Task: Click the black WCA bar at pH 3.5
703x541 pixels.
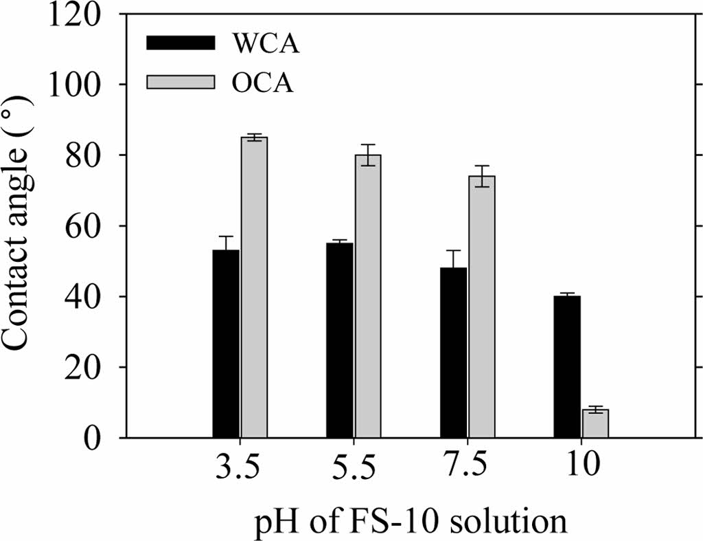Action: point(226,344)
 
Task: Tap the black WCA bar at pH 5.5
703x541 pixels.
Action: point(340,340)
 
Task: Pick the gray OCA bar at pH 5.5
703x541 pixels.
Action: point(368,296)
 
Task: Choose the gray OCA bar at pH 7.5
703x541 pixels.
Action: point(481,307)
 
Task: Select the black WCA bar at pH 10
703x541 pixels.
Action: point(567,367)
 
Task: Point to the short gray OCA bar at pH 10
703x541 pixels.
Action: point(595,423)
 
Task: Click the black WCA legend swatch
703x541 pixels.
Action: point(181,43)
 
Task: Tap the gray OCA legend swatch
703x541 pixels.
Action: point(181,82)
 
